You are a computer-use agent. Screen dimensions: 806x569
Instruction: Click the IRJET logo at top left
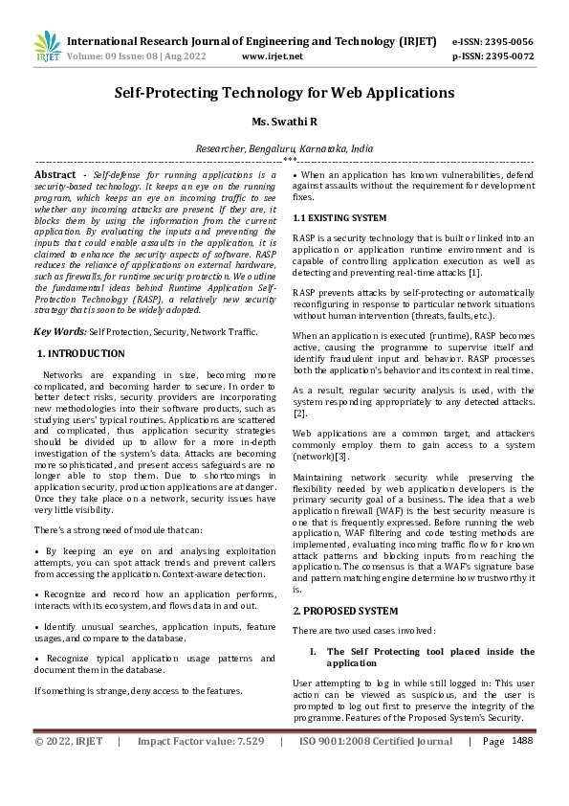click(45, 46)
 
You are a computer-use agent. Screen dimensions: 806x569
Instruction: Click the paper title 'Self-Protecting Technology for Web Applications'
click(284, 93)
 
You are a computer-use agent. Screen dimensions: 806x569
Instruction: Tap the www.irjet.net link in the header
click(272, 56)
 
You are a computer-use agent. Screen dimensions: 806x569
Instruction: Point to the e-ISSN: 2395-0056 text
click(492, 42)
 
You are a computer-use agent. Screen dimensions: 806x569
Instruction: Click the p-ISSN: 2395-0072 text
click(492, 56)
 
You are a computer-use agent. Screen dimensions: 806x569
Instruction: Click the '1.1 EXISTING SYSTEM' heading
click(339, 218)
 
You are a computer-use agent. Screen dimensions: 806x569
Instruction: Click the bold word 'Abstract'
click(55, 175)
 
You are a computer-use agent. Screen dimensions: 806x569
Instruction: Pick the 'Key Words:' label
click(60, 330)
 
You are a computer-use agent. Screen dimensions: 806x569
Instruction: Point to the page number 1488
click(522, 740)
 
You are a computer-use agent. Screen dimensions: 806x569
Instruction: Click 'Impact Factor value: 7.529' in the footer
click(200, 741)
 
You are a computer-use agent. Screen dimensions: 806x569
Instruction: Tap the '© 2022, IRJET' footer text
click(69, 741)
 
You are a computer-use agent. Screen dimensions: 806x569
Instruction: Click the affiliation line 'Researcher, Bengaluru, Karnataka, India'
click(284, 149)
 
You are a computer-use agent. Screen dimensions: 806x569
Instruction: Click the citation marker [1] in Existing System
click(474, 273)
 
